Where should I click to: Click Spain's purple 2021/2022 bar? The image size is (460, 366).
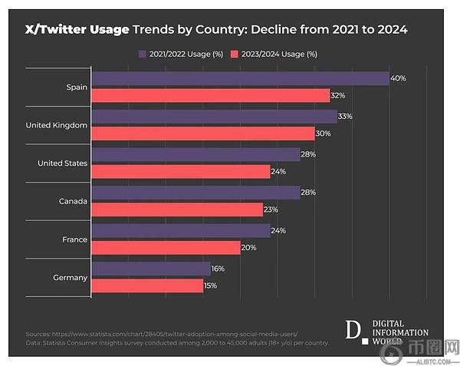(x=240, y=78)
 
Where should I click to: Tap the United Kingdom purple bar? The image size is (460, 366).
(x=214, y=117)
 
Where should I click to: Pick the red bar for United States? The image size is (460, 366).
(x=180, y=172)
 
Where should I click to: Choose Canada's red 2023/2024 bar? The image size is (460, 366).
(x=176, y=209)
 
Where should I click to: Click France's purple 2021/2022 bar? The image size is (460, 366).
(x=180, y=231)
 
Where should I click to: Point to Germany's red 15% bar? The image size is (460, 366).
(x=146, y=285)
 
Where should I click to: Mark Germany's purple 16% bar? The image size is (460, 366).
(x=150, y=269)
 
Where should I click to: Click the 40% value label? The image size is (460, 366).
(x=398, y=78)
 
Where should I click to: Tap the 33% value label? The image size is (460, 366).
(x=345, y=117)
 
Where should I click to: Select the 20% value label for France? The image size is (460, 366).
(x=248, y=248)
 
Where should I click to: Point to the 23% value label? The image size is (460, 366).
(x=271, y=209)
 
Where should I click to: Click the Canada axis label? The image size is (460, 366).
(x=74, y=201)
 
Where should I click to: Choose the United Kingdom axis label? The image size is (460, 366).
(x=57, y=125)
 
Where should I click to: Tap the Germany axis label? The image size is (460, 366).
(x=71, y=277)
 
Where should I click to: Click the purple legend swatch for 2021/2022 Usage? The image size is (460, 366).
(x=143, y=54)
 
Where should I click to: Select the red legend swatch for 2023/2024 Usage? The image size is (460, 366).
(x=235, y=54)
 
